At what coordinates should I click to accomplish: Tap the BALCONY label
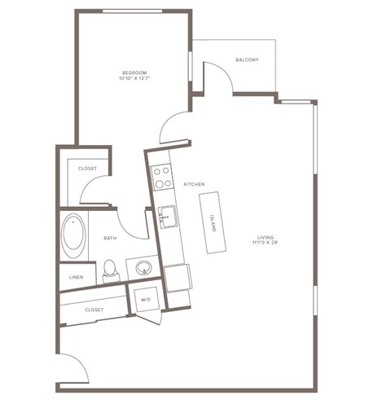247,59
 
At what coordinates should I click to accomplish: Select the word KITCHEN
195,184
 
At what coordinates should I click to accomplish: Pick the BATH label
110,238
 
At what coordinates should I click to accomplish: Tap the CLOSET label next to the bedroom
87,169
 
